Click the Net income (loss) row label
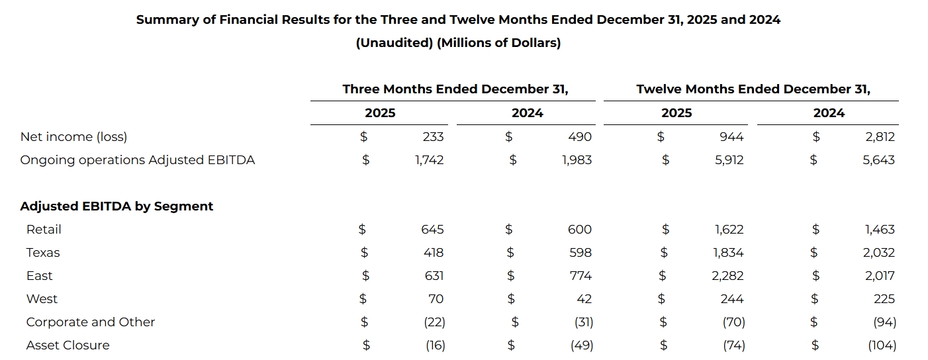coord(73,137)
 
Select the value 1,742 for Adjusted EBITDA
coord(429,160)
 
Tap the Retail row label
coord(44,230)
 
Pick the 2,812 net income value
coord(880,137)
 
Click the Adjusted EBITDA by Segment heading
coord(116,206)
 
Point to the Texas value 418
coord(434,253)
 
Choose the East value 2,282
coord(727,276)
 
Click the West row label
coord(42,299)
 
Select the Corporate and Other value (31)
coord(584,322)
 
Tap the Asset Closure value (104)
coord(882,345)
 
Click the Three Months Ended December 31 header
coord(455,89)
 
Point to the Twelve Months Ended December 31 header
coord(753,89)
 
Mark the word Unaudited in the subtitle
coord(394,42)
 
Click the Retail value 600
coord(580,230)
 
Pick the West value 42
coord(584,299)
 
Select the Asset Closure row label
coord(68,345)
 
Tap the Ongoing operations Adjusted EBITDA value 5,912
coord(729,160)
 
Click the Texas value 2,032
coord(879,253)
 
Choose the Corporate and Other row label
coord(90,322)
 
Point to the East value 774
coord(580,276)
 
